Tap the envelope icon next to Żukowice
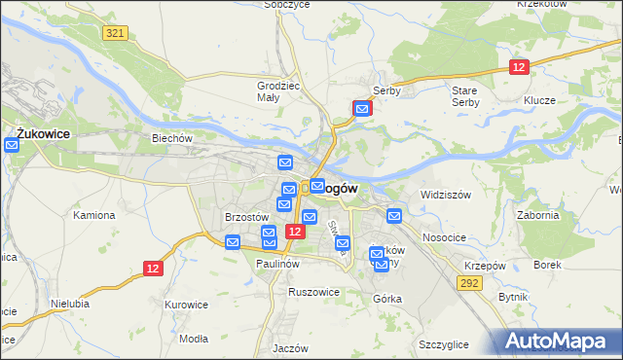click(12, 146)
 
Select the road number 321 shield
click(115, 33)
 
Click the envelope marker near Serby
click(363, 109)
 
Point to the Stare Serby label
click(465, 95)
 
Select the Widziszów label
click(445, 195)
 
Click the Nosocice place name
click(446, 237)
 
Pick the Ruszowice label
click(313, 291)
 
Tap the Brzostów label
click(246, 217)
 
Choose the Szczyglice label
click(443, 345)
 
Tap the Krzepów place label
click(484, 266)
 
